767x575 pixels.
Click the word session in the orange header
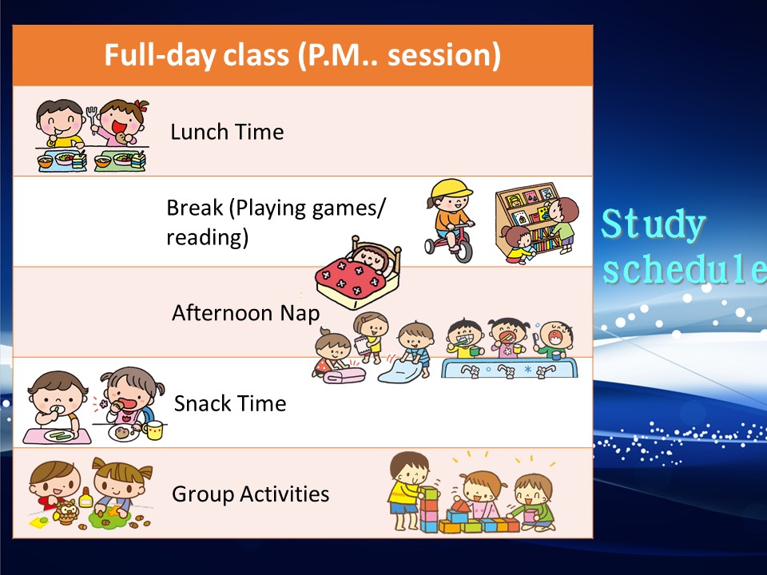click(443, 55)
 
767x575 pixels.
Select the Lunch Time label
click(227, 132)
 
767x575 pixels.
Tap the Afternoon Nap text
click(245, 313)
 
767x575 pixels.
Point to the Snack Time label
click(230, 404)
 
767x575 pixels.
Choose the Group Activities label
click(250, 494)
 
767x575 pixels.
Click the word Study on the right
click(653, 224)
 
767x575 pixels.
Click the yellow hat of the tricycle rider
click(451, 189)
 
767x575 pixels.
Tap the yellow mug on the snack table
click(153, 430)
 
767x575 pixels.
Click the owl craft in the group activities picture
click(67, 512)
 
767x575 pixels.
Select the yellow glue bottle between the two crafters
click(86, 498)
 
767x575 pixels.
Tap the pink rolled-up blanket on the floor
click(344, 375)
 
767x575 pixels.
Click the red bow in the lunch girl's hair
click(141, 105)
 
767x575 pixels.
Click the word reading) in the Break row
click(208, 238)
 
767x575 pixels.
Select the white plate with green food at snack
click(60, 434)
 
